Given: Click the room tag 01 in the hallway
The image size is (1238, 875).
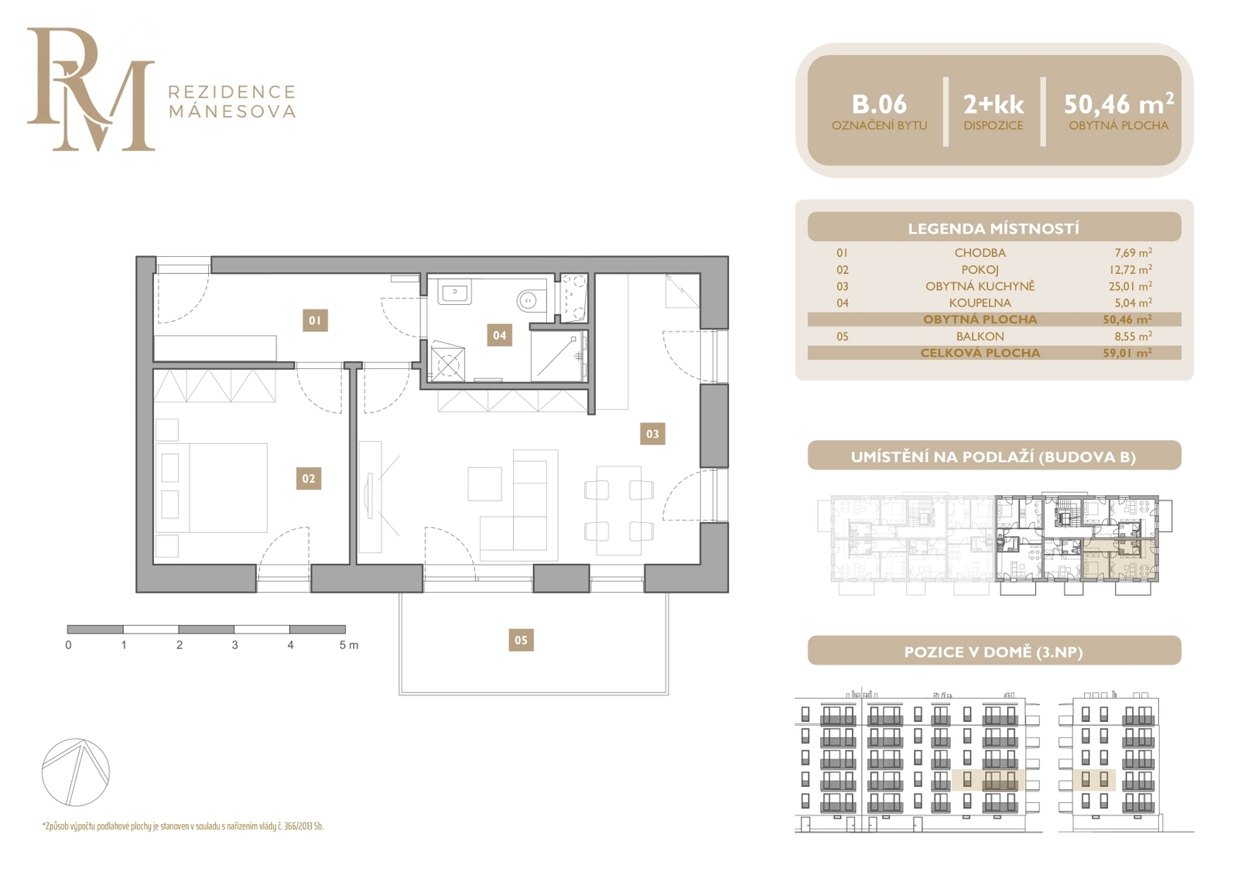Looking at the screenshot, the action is click(x=315, y=320).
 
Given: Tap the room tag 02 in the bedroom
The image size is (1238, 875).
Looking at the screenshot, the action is click(x=309, y=479).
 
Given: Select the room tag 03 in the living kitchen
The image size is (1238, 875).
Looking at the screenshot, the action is click(x=652, y=434).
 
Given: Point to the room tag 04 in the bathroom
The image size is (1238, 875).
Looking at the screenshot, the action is click(x=499, y=335).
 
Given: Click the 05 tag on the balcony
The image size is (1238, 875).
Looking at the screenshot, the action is click(x=522, y=640).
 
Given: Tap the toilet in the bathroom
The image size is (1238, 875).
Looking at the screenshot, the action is click(x=530, y=300).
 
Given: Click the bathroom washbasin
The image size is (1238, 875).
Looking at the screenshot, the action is click(x=454, y=292).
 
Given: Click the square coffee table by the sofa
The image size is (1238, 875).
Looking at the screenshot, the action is click(x=484, y=484).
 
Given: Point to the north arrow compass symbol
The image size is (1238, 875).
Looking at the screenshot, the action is click(x=76, y=771).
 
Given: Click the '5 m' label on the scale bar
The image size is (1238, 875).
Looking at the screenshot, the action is click(x=349, y=645).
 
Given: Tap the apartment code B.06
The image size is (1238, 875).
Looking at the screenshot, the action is click(x=879, y=104).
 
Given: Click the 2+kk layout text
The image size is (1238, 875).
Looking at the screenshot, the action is click(x=993, y=104).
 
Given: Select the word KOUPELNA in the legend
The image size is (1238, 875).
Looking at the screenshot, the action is click(x=980, y=303).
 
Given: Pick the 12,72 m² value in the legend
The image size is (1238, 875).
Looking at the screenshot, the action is click(x=1130, y=269).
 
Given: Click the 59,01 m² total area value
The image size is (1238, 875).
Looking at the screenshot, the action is click(x=1127, y=353).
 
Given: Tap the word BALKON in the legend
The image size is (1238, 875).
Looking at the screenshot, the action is click(x=980, y=336).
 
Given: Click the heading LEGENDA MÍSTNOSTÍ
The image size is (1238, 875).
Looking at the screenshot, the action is click(x=993, y=229).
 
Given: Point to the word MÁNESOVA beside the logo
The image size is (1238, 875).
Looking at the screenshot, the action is click(x=232, y=111).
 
